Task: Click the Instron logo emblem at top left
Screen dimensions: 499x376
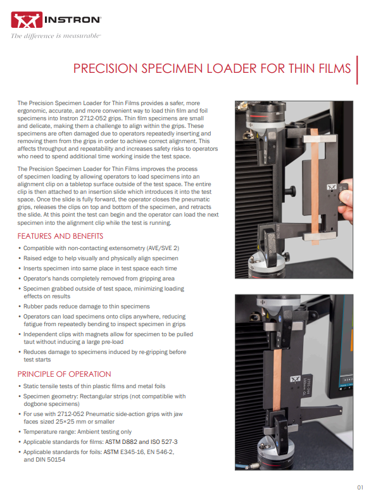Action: pyautogui.click(x=26, y=22)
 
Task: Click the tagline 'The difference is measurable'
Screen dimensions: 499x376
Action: pyautogui.click(x=56, y=35)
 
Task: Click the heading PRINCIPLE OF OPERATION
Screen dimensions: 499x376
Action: pyautogui.click(x=64, y=374)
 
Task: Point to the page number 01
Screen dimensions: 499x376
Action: pyautogui.click(x=359, y=487)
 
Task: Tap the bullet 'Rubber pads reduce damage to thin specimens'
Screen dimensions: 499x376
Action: pyautogui.click(x=86, y=306)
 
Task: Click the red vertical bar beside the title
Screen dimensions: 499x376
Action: pyautogui.click(x=358, y=70)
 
